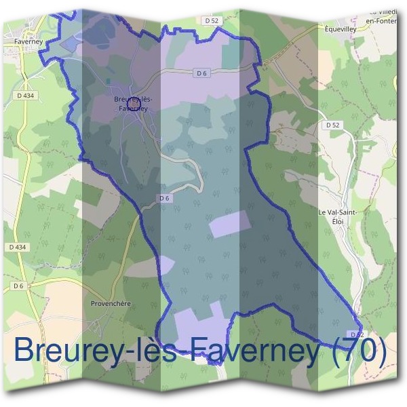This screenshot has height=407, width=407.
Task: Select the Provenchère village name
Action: tap(111, 303)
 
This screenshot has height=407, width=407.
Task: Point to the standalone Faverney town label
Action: tap(28, 41)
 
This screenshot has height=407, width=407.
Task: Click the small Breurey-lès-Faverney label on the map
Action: tap(133, 104)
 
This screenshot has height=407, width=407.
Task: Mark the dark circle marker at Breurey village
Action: tap(133, 104)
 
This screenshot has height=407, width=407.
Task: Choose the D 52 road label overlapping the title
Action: tap(357, 334)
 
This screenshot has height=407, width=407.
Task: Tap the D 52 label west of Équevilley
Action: tap(212, 21)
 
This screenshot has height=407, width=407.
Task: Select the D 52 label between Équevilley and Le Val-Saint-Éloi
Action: tap(332, 125)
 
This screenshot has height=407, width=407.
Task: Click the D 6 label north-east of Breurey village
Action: tap(200, 73)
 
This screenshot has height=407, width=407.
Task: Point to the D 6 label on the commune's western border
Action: tap(163, 198)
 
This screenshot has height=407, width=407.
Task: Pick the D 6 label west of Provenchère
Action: tap(18, 286)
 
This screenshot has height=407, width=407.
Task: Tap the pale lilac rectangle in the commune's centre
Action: tap(229, 224)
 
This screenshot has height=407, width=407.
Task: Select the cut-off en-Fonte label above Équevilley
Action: tap(381, 21)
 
